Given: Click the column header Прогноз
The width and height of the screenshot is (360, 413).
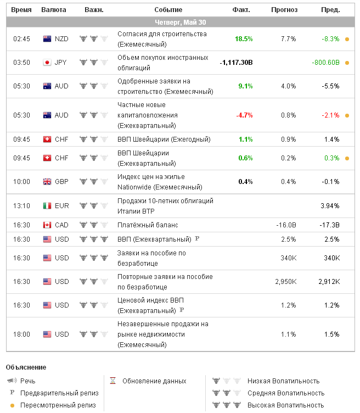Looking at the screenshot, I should coord(284,10).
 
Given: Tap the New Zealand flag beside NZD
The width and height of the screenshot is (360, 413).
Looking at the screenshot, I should coord(47,39).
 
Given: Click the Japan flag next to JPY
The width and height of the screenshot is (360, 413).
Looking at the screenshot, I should coord(47,62).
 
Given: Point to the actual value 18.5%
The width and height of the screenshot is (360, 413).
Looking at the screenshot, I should coord(244,39).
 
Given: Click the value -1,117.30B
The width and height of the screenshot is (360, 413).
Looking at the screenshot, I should coord(236,62).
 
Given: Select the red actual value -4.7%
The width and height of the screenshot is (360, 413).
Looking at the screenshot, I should coord(244,115).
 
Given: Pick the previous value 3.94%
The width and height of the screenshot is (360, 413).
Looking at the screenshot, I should coord(330,206).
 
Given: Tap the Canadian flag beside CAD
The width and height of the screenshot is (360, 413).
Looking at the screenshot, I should coord(47,225).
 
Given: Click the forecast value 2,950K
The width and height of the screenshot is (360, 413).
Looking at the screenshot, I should coord(286,282).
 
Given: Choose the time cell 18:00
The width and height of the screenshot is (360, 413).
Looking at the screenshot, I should coord(22,334).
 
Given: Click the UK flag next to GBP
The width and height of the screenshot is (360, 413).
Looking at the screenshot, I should coord(47,182).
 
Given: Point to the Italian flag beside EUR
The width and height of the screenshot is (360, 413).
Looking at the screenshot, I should coord(47,206).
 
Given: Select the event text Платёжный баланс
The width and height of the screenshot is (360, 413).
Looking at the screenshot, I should coord(148,225).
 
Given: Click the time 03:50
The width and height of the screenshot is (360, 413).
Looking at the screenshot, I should coord(22,62).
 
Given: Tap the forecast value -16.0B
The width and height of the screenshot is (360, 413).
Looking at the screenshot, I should coord(286,225).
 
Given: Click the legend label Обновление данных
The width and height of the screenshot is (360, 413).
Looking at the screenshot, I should coord(154,381).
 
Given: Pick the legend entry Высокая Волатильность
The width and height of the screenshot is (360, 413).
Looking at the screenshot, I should coord(286,405).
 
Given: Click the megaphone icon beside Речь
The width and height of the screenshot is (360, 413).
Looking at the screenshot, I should coord(12,381).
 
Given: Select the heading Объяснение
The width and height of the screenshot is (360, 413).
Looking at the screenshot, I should coord(26,367).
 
